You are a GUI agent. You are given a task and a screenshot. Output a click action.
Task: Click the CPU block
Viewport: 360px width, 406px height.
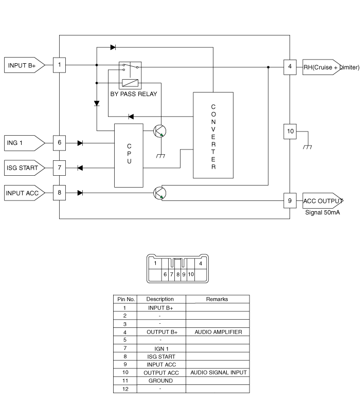[129, 155]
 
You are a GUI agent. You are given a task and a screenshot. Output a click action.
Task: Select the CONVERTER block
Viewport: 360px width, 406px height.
[213, 135]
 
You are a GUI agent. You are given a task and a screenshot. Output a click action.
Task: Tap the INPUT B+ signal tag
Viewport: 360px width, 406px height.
[24, 65]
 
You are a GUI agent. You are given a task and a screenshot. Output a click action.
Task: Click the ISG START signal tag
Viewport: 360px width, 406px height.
[24, 168]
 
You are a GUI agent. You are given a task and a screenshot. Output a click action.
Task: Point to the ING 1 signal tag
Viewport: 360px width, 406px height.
[24, 143]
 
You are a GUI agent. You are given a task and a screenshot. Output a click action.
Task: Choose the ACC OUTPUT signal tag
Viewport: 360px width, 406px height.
[322, 200]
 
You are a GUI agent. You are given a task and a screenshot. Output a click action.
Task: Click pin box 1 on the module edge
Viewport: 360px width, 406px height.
[59, 65]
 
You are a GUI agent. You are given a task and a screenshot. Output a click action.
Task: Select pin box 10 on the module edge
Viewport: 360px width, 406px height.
[290, 131]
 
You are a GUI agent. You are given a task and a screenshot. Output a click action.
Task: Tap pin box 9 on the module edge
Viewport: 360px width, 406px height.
[290, 200]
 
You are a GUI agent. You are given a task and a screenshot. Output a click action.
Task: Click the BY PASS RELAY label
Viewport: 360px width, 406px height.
[134, 94]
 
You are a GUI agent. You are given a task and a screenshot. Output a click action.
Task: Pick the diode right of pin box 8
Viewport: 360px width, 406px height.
[80, 193]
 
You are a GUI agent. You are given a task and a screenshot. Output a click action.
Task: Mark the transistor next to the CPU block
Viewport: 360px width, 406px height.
[159, 131]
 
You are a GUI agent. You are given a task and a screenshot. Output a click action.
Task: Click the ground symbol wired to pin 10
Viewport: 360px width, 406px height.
[308, 147]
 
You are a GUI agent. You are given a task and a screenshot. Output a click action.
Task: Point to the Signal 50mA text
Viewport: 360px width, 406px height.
[322, 212]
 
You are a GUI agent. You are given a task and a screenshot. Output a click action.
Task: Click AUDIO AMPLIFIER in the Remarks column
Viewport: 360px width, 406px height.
[218, 332]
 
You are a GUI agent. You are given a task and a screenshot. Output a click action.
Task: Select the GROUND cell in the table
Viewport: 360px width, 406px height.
[160, 381]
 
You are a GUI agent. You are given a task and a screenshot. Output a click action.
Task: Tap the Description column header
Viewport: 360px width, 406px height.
[160, 299]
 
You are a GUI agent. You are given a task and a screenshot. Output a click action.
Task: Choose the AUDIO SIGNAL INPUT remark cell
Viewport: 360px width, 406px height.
[219, 373]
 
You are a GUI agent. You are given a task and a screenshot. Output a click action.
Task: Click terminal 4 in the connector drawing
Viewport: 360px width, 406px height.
[201, 263]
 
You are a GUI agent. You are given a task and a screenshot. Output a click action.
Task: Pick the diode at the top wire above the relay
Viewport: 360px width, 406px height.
[113, 47]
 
